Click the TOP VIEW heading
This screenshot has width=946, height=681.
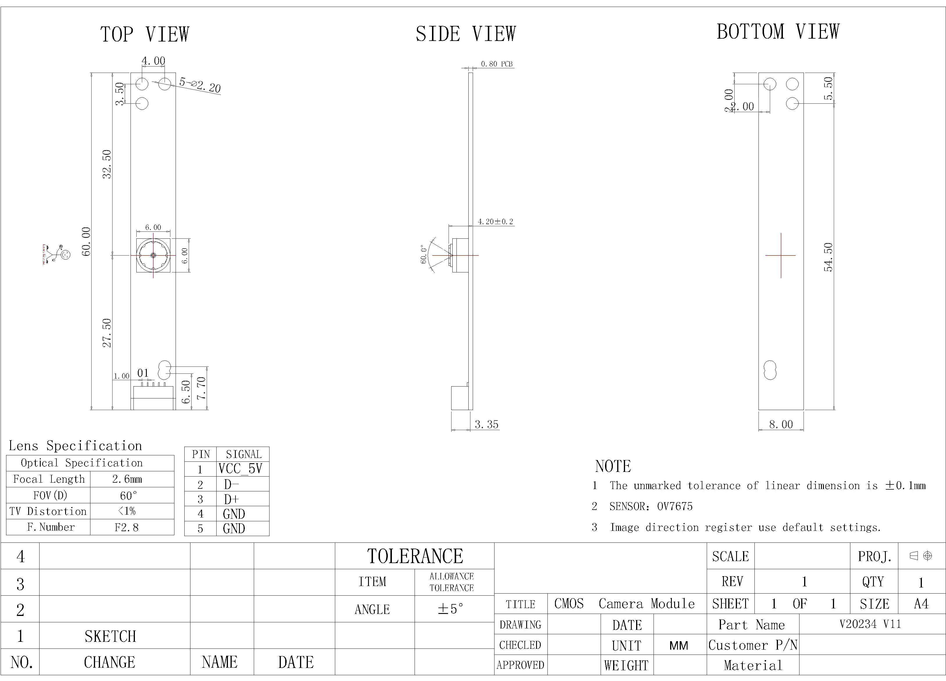(x=145, y=34)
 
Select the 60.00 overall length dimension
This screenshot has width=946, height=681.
(x=86, y=241)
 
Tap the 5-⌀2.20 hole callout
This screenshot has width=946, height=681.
(x=200, y=85)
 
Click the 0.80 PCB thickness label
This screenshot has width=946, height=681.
(x=496, y=64)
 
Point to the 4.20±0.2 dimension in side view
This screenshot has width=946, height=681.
(x=495, y=222)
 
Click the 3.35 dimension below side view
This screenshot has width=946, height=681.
(x=486, y=424)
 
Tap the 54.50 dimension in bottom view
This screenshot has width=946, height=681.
(x=828, y=257)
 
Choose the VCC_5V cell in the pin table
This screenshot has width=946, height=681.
(x=240, y=469)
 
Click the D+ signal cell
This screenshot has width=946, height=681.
(x=231, y=499)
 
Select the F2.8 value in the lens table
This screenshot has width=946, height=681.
(x=126, y=527)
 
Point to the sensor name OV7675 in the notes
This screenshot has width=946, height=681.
(x=675, y=506)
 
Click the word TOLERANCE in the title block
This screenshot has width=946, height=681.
(x=415, y=556)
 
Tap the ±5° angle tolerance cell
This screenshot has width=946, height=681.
(x=451, y=609)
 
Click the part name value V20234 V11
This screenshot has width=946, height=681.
(x=870, y=624)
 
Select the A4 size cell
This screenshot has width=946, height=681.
(x=921, y=603)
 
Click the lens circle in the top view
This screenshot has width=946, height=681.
(x=153, y=255)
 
